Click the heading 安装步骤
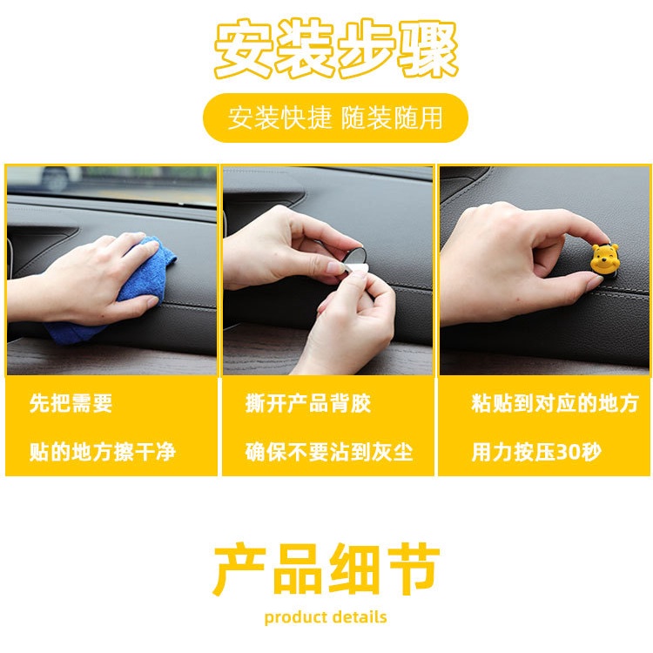tap(336, 50)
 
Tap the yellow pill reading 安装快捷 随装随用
tap(335, 118)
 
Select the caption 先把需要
tap(71, 404)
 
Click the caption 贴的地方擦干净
tap(102, 453)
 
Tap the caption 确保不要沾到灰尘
tap(328, 453)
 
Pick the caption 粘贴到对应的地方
tap(554, 404)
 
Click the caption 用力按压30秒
tap(535, 453)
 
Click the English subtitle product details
tap(326, 617)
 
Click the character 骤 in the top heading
tap(428, 50)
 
